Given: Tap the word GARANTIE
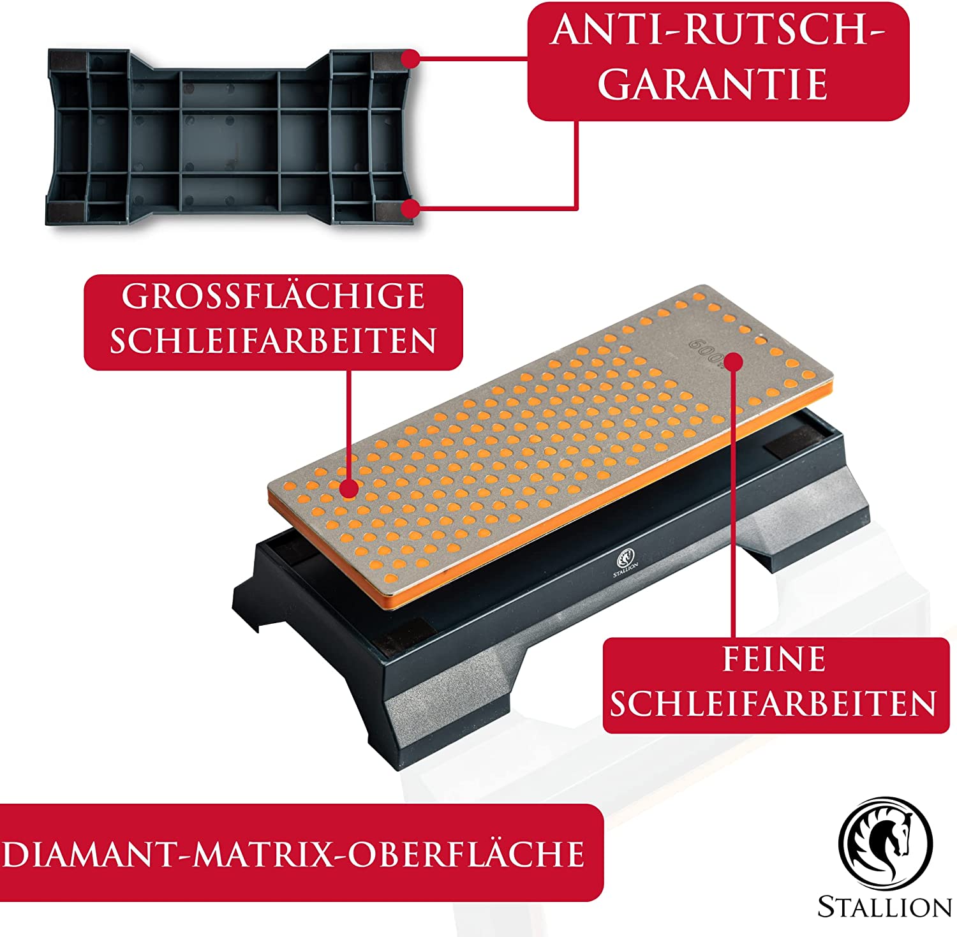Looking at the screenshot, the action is point(713,83).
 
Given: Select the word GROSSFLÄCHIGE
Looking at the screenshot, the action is point(274,296).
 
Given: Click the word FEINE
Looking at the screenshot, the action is point(774,660).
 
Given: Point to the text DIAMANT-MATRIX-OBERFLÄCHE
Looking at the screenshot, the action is point(293,853).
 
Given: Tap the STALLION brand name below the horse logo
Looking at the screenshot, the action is point(885,906).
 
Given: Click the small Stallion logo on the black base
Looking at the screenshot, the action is point(625,562).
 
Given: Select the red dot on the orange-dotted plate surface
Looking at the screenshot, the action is point(348,489).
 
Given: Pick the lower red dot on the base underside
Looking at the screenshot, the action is point(410,209).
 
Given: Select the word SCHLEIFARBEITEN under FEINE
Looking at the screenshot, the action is point(773,703).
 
